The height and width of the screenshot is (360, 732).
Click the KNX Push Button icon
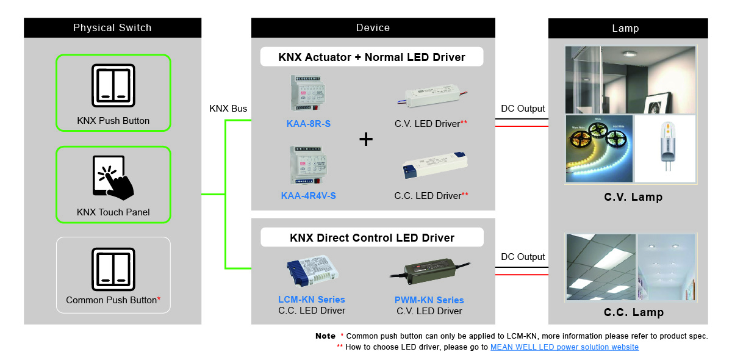(113, 84)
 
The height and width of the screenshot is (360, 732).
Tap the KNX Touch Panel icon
(113, 177)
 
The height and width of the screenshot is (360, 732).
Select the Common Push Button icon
(113, 268)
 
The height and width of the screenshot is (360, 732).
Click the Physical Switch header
(112, 27)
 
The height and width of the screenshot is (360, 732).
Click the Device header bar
(373, 27)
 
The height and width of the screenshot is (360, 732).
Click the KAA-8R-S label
(309, 124)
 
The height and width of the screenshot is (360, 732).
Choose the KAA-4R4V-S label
(309, 196)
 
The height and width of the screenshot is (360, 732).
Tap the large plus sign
(366, 140)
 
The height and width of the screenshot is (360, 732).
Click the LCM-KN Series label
(311, 300)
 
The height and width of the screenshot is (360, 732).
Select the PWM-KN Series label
(429, 300)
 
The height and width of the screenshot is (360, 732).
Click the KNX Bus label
(228, 109)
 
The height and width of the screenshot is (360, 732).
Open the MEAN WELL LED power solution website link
(564, 347)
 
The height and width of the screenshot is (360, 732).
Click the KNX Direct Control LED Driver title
(372, 237)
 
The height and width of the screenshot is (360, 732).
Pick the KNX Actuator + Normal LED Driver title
(372, 57)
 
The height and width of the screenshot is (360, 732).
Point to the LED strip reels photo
(599, 148)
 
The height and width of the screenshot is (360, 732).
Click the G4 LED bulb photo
(665, 148)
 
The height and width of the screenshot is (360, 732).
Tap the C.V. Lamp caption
(633, 197)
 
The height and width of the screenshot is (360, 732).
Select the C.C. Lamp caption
(633, 312)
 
